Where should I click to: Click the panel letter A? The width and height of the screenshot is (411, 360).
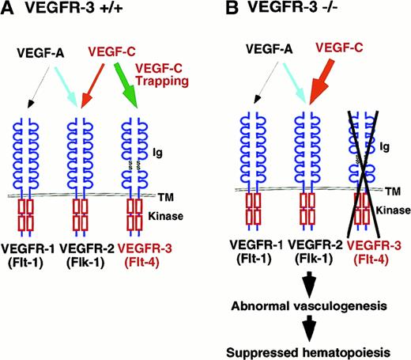(10, 10)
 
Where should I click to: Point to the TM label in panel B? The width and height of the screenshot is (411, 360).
(396, 190)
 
